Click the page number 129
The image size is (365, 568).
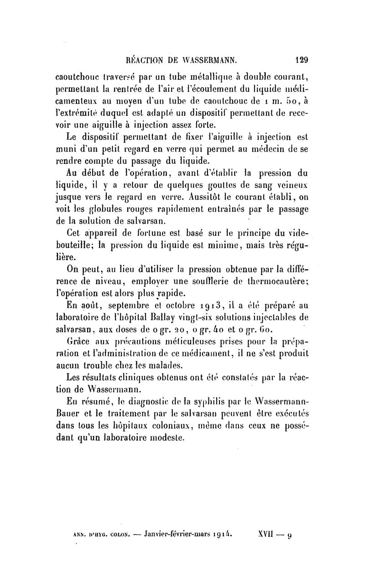click(x=302, y=59)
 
